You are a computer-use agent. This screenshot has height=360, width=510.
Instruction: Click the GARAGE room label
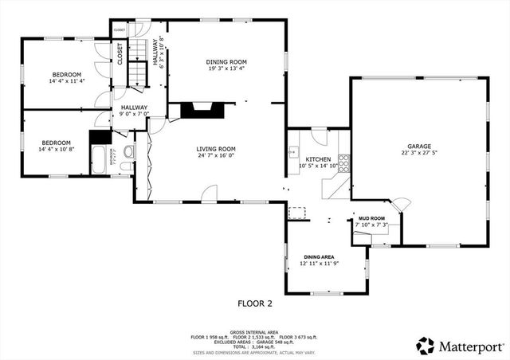tap(419, 147)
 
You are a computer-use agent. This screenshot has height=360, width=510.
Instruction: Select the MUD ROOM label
tap(371, 217)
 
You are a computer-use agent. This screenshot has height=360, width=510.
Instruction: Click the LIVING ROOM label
tap(216, 148)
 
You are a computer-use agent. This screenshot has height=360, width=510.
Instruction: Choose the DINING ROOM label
tap(227, 61)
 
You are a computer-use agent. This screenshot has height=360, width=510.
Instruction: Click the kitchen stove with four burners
tap(344, 163)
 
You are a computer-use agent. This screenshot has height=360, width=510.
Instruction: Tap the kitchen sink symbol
tap(293, 149)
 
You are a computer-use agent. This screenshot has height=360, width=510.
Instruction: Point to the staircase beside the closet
tap(140, 64)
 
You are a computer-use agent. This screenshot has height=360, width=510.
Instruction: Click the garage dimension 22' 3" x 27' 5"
tap(419, 154)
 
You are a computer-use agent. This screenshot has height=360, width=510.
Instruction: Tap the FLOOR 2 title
tap(255, 303)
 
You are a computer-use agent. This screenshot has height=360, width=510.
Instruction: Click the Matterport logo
tap(458, 346)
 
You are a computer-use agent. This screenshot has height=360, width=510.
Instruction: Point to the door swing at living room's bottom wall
tap(209, 193)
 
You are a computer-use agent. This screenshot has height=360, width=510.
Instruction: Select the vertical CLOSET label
tap(120, 53)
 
